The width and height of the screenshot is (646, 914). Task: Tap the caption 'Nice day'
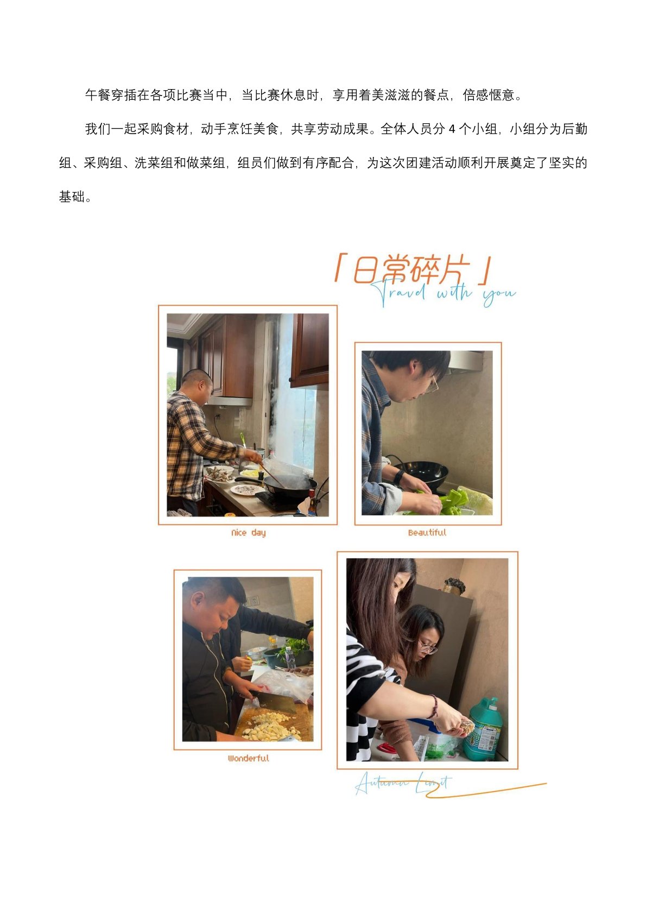248,532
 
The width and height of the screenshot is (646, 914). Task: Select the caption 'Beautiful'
427,532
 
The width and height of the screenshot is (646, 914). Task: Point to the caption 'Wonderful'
249,758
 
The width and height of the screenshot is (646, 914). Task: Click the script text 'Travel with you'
443,293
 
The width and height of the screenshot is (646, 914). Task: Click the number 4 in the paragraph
452,129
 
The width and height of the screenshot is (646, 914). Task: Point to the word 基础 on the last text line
72,197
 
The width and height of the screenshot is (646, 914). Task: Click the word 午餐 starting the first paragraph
98,95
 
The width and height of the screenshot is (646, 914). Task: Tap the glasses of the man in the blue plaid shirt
432,384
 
